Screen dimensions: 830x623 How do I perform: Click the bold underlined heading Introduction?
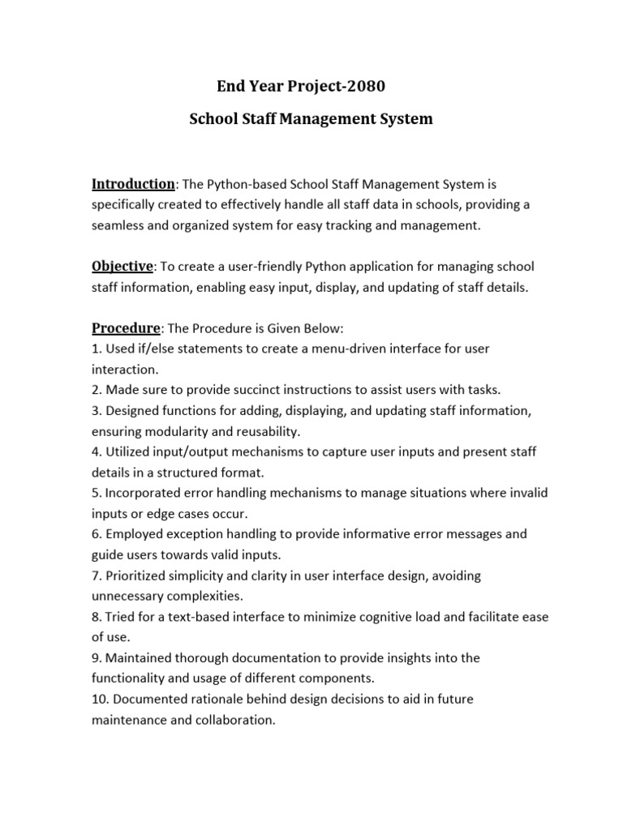click(x=132, y=184)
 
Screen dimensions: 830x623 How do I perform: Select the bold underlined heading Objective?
click(x=122, y=266)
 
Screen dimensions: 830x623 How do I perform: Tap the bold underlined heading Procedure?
click(x=126, y=327)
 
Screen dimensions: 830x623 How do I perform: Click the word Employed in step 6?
click(x=135, y=535)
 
